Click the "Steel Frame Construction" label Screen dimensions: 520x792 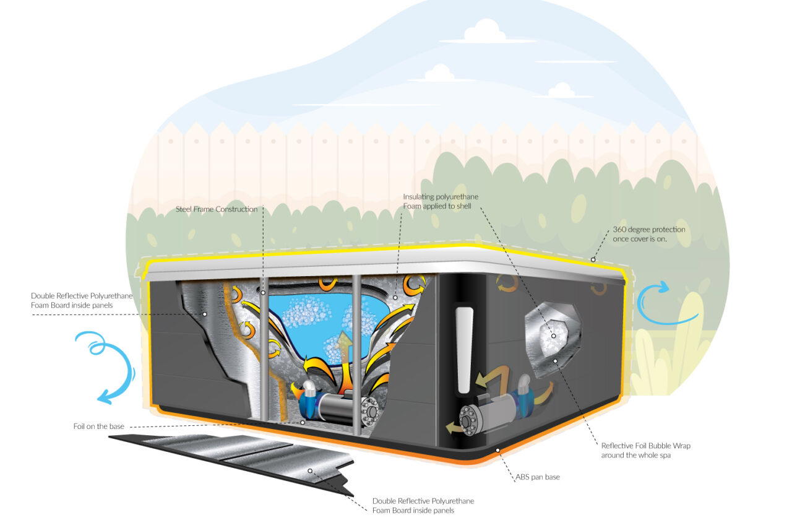(217, 209)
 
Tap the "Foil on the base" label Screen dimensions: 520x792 (98, 427)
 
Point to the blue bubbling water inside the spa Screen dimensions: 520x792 (328, 322)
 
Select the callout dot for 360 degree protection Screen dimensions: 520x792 (593, 260)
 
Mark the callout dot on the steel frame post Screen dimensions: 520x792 (263, 292)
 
